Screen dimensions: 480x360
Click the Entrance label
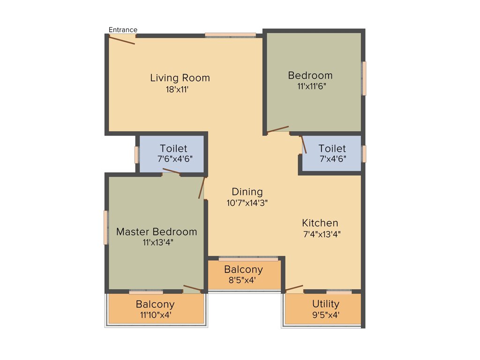pos(123,30)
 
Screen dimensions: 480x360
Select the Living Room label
pos(180,78)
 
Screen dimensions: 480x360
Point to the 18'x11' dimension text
pos(177,90)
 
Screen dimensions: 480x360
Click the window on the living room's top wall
pos(231,35)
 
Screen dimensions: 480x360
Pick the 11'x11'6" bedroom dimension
pos(312,86)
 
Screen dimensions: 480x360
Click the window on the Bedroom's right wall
pos(364,78)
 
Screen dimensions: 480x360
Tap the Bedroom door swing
pos(277,129)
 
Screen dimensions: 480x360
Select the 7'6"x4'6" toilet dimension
pos(175,159)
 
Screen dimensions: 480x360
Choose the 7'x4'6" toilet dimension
pos(333,159)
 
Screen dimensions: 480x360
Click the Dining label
pos(247,192)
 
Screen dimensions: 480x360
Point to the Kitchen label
pos(320,223)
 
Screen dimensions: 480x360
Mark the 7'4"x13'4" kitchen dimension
pos(322,234)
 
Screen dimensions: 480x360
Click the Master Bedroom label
pos(157,232)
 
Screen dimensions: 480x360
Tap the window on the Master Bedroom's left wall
pos(106,227)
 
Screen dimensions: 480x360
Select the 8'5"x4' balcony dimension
pos(242,280)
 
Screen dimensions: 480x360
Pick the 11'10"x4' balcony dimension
pos(155,315)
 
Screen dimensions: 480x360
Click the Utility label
pos(326,304)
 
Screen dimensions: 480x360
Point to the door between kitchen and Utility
pos(294,288)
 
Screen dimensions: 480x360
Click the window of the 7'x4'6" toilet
pos(364,154)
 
